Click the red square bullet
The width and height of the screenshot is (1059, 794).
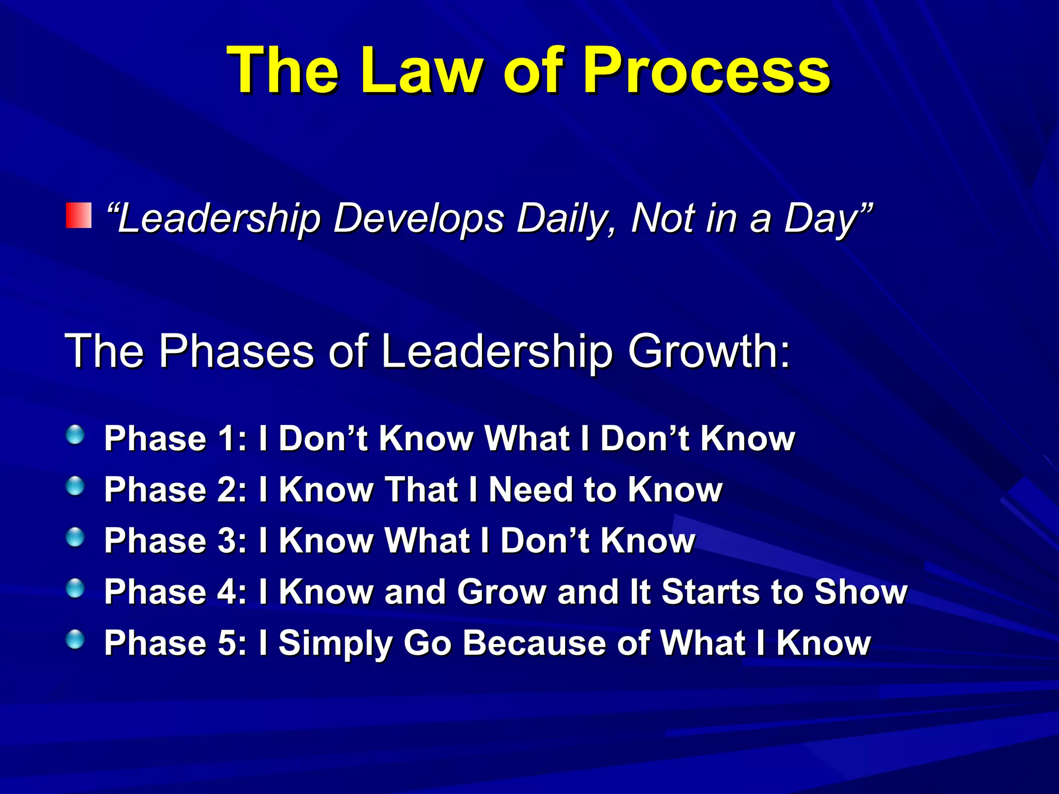79,216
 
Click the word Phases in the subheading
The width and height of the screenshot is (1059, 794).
236,351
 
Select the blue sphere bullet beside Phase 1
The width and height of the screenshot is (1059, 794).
75,435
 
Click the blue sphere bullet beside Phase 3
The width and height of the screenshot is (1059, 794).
75,537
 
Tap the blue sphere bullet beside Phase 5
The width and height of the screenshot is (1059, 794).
75,639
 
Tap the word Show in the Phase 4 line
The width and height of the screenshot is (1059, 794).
860,592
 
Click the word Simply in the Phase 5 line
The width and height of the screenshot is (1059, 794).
336,644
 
